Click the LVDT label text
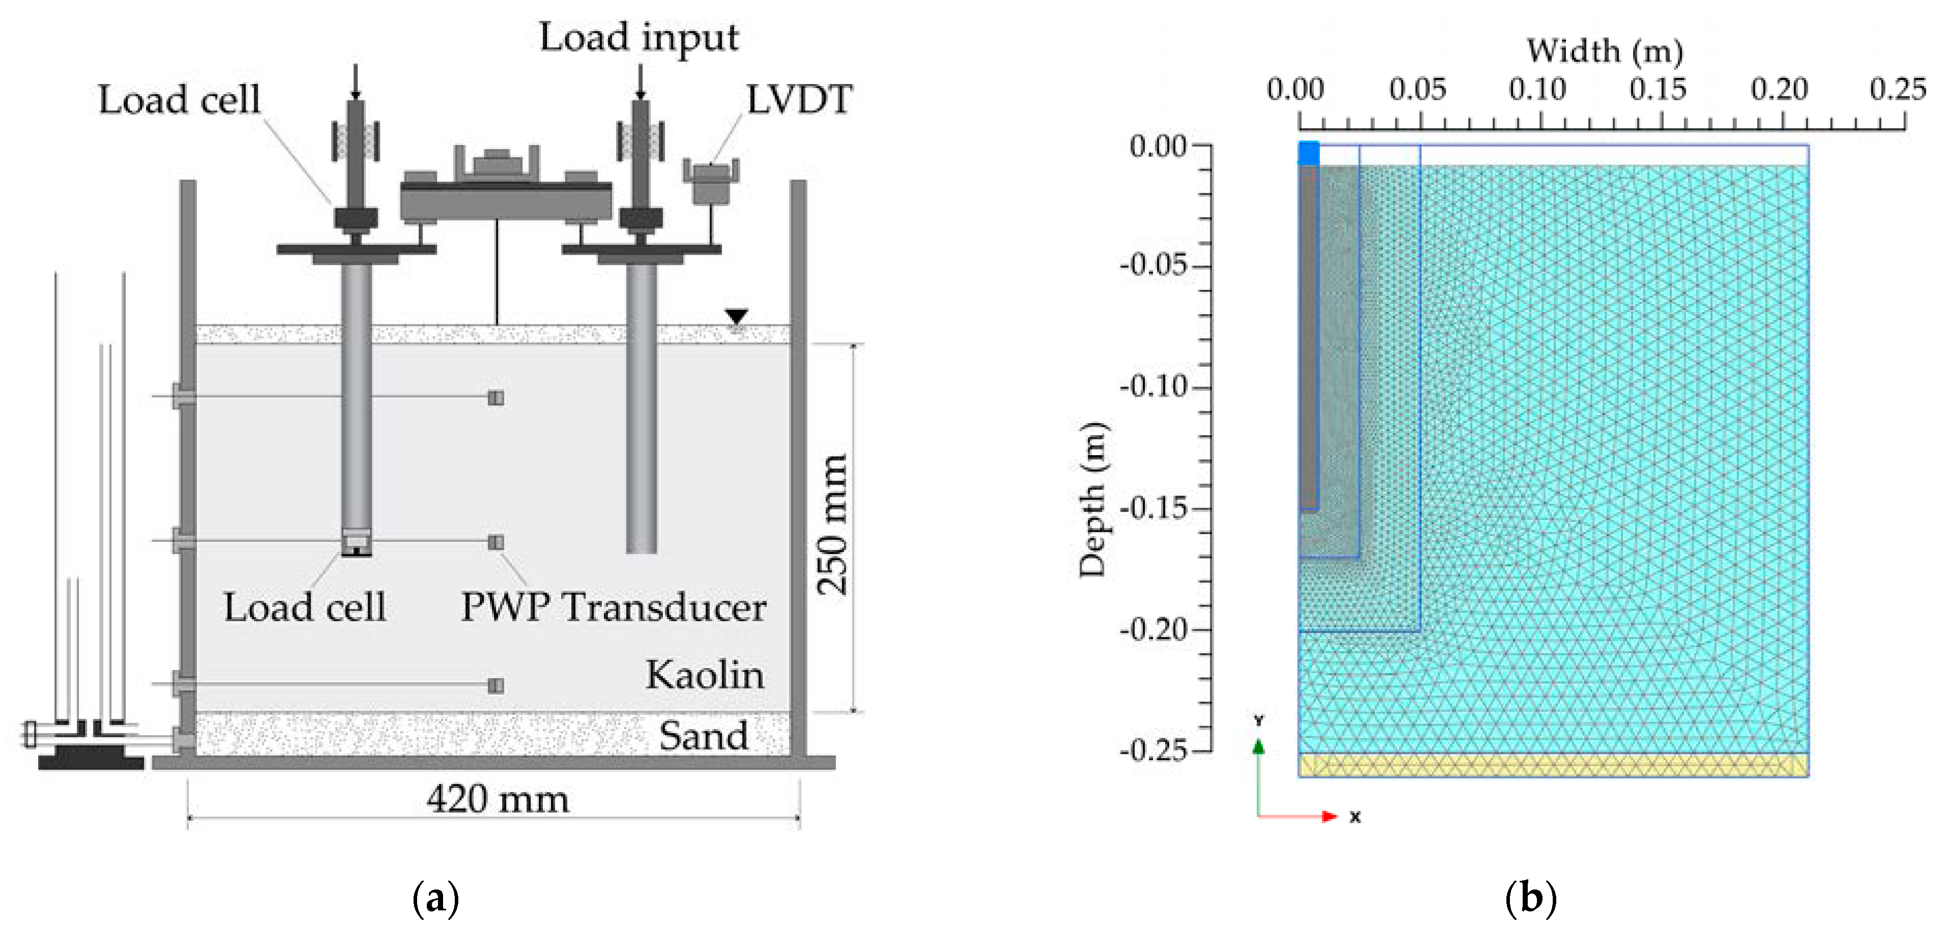[799, 100]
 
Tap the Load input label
[639, 38]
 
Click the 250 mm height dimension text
[833, 524]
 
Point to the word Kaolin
[704, 675]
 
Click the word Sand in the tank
[703, 735]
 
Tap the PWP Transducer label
[613, 607]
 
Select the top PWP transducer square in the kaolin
[496, 398]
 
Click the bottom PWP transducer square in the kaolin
[496, 686]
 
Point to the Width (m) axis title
[1604, 51]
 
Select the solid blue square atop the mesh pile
[1309, 153]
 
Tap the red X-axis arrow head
[1330, 816]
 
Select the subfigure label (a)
[436, 899]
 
